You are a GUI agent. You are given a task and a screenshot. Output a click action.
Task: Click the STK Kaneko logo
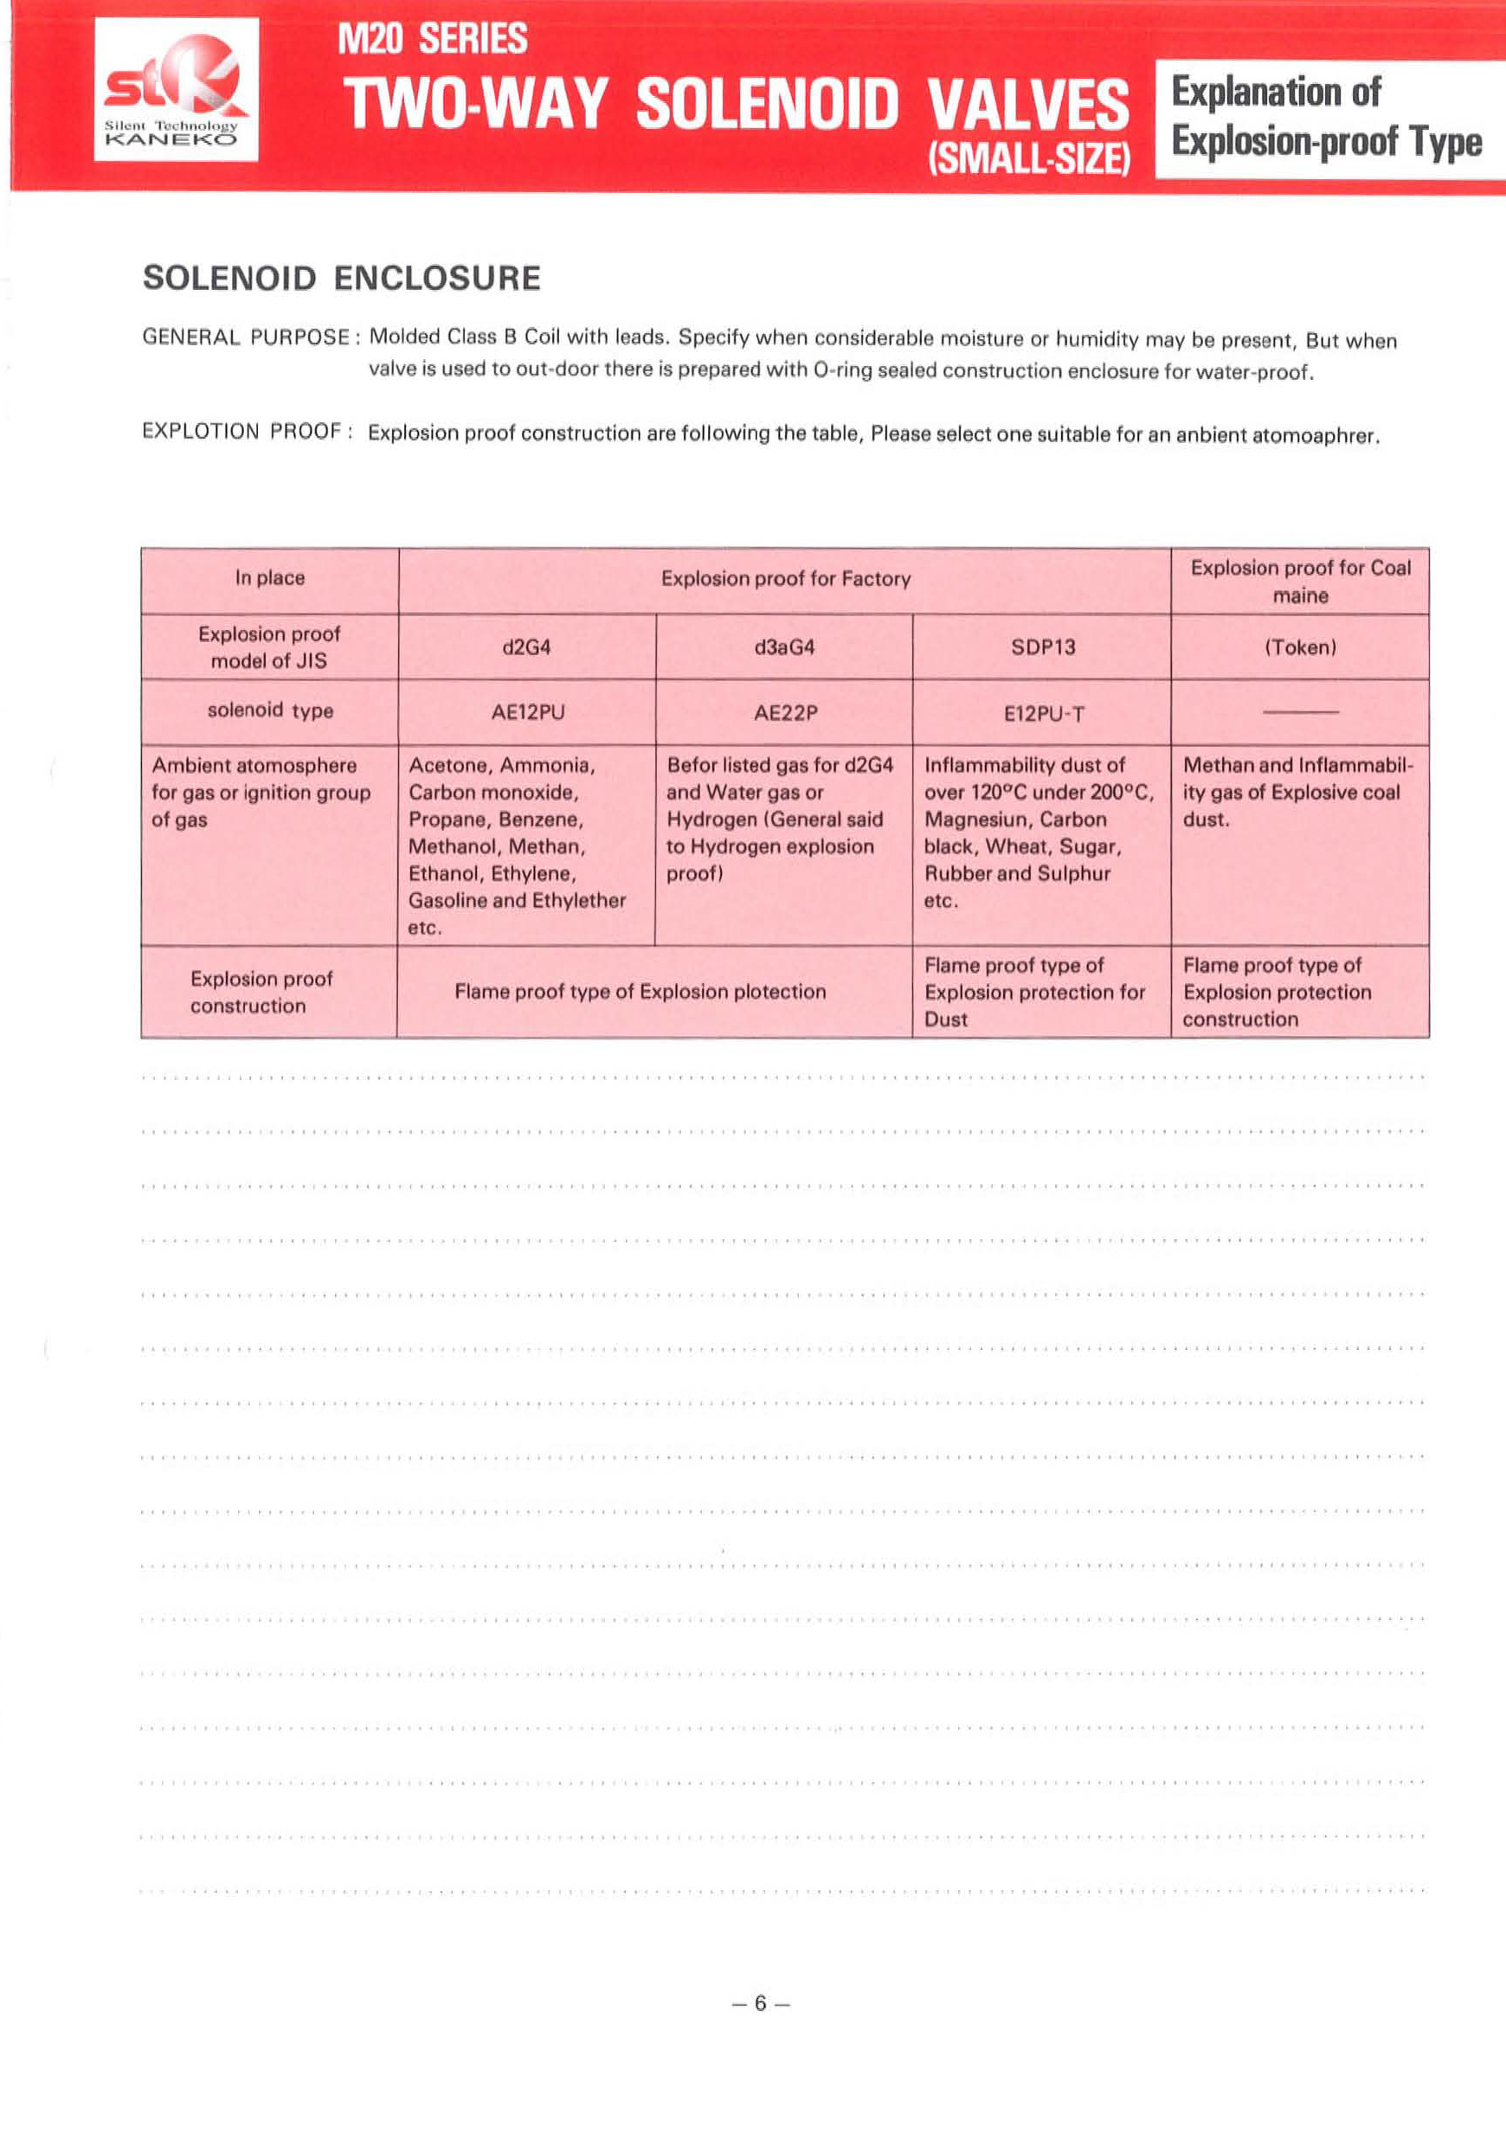point(177,89)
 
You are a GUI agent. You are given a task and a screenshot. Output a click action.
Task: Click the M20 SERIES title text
point(433,39)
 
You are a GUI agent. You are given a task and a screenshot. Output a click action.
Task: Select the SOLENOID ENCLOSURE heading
point(341,278)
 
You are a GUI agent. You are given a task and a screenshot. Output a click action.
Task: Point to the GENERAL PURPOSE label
point(246,337)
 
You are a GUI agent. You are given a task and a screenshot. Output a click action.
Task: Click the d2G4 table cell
point(527,647)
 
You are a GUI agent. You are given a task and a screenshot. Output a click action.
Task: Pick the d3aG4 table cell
point(784,647)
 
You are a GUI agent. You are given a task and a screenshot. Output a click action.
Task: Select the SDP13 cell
point(1043,647)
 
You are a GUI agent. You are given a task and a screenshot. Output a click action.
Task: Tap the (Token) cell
point(1300,647)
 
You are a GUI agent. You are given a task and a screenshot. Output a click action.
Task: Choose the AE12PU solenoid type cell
point(528,712)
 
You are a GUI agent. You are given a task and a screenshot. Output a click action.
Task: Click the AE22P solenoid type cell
point(785,712)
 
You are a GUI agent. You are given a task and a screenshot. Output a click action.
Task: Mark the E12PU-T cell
point(1044,714)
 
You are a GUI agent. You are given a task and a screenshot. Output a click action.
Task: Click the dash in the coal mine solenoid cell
point(1300,712)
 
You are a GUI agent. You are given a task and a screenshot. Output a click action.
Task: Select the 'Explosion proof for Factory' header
point(785,578)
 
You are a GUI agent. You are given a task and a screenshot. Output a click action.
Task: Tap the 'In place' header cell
point(269,578)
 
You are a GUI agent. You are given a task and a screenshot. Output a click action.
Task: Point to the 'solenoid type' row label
point(269,710)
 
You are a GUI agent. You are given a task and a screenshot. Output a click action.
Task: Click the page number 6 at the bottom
point(760,2003)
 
